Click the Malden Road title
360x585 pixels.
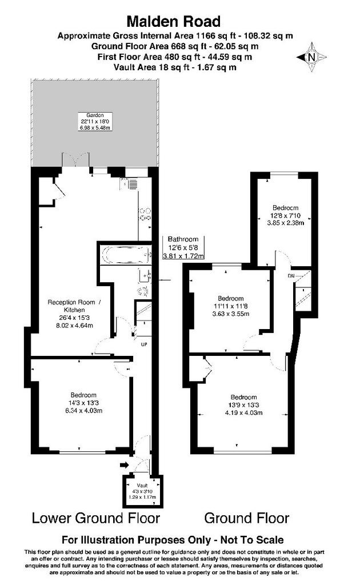coord(174,22)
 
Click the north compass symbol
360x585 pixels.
coord(311,57)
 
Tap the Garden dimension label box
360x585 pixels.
coord(95,121)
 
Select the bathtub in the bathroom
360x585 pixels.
coord(126,255)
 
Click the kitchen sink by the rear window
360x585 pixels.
coord(129,184)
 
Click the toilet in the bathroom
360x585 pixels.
coord(143,291)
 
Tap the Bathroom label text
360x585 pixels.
coord(183,239)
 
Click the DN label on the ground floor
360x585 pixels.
coord(291,276)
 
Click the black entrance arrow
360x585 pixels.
coord(124,465)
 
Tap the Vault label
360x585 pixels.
coord(142,486)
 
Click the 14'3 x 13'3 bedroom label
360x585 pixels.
coord(83,403)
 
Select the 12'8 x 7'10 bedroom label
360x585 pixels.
coord(285,215)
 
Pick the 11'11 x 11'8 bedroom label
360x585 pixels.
coord(230,306)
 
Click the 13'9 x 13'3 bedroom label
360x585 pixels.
coord(243,405)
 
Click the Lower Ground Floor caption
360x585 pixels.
coord(96,518)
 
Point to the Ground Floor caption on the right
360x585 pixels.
coord(247,518)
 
